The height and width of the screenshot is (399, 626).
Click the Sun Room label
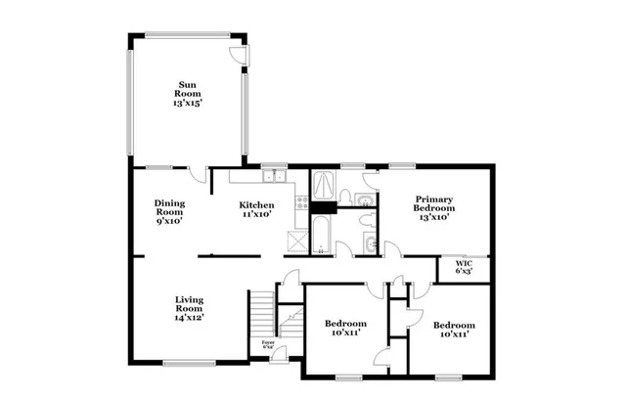click(186, 93)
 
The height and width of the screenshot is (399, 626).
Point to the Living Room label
click(190, 308)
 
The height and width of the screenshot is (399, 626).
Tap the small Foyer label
click(267, 345)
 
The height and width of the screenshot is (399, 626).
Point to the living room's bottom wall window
click(189, 363)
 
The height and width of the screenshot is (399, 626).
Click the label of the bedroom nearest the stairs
click(346, 329)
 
